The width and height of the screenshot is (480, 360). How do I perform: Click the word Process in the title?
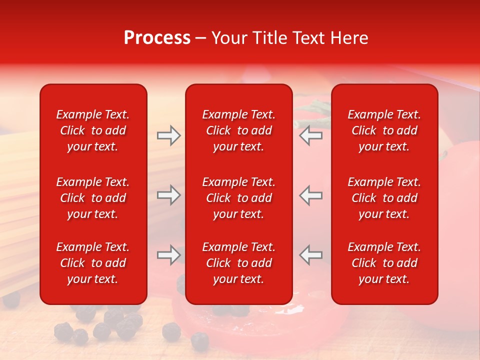(x=157, y=38)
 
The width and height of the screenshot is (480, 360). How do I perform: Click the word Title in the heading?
(x=269, y=38)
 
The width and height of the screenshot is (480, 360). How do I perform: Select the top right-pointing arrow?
(x=168, y=135)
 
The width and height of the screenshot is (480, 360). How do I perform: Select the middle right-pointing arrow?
(x=168, y=195)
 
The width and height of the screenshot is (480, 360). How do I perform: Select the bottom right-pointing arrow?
(x=168, y=255)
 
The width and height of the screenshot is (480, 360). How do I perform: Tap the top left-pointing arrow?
(x=311, y=135)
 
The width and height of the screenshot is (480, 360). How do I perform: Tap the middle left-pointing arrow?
(x=311, y=195)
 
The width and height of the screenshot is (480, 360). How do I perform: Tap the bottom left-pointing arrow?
(x=311, y=255)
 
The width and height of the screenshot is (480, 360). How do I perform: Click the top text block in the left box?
(x=93, y=130)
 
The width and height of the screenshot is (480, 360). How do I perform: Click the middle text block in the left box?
(x=93, y=198)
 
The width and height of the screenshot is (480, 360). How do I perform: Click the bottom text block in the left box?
(x=93, y=263)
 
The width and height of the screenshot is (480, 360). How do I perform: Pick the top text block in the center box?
(x=238, y=130)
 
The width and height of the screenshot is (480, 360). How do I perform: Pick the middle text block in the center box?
(x=238, y=198)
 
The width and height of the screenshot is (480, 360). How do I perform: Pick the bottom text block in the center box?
(x=238, y=263)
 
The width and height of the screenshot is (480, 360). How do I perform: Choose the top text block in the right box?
(x=384, y=130)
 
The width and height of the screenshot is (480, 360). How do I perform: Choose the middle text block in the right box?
(x=384, y=198)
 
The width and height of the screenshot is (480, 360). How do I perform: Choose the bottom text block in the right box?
(x=384, y=263)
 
